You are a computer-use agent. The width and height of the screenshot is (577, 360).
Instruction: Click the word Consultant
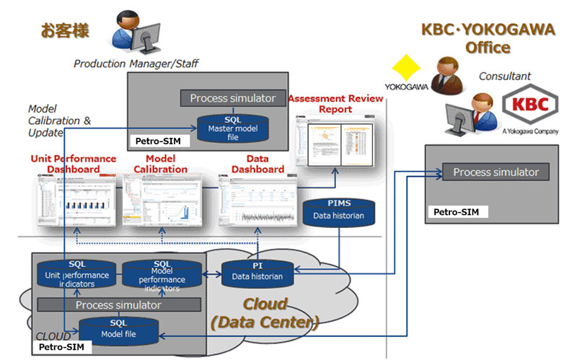pyautogui.click(x=504, y=76)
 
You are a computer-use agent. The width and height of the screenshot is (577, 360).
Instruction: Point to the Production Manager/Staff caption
pyautogui.click(x=136, y=64)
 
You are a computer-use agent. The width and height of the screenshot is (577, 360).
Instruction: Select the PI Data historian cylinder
pyautogui.click(x=257, y=271)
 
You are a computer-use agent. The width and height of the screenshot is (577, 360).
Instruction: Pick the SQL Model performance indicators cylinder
pyautogui.click(x=162, y=274)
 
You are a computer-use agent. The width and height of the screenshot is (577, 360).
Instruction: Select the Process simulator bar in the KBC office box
pyautogui.click(x=495, y=172)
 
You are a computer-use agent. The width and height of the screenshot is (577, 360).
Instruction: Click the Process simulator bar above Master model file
pyautogui.click(x=232, y=98)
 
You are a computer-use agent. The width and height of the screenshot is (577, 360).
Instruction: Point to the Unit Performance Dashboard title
pyautogui.click(x=74, y=164)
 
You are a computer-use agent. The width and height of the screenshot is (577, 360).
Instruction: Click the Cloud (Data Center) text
pyautogui.click(x=265, y=313)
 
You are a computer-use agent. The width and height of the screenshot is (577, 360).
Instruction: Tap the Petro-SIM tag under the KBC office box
pyautogui.click(x=457, y=212)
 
